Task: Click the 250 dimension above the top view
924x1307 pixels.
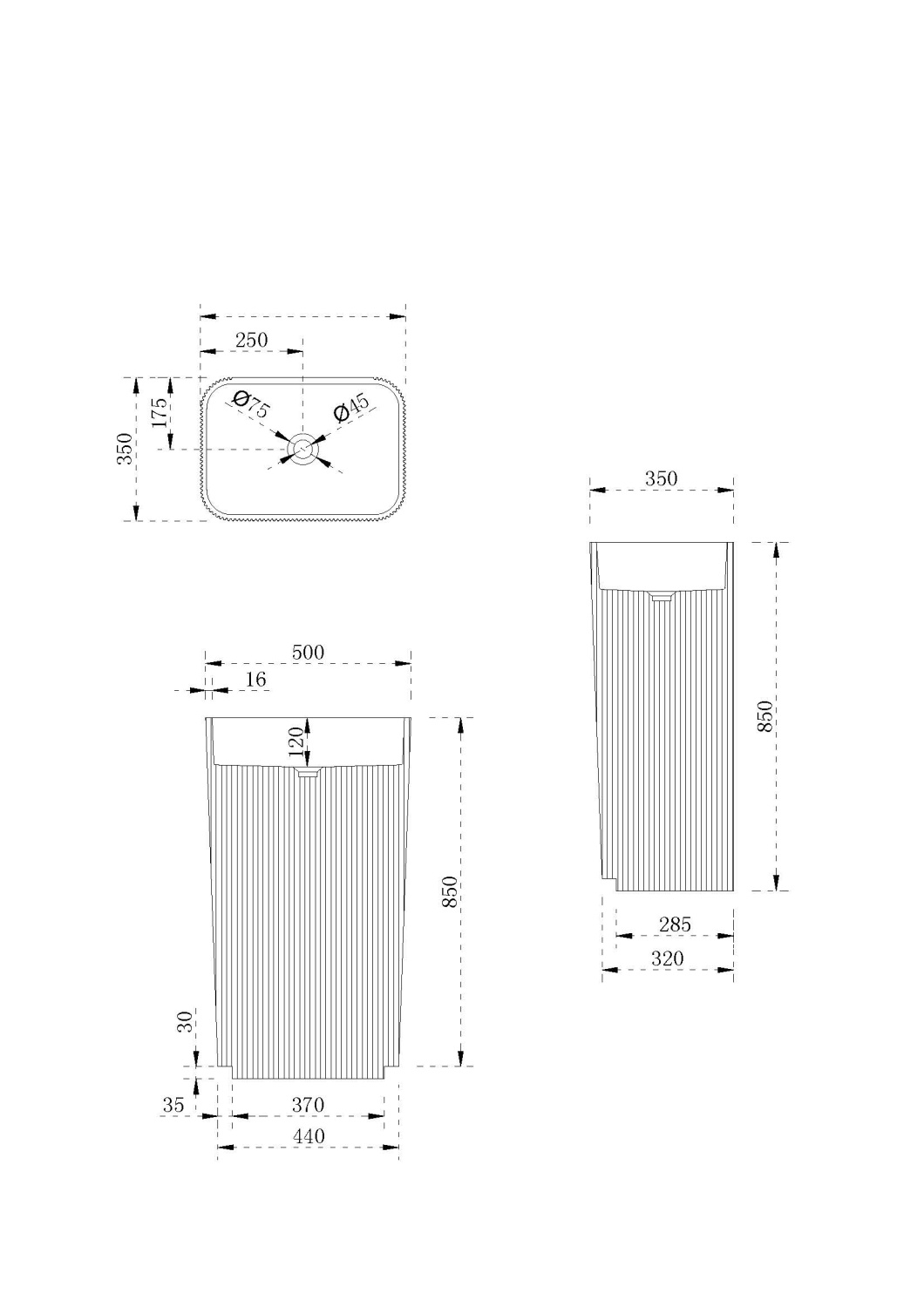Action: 251,340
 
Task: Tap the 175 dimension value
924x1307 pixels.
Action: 159,412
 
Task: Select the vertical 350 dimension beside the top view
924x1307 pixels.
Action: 125,448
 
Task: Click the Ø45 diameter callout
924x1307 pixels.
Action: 351,407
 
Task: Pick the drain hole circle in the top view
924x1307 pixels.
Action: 302,449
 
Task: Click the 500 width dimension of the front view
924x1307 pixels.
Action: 308,652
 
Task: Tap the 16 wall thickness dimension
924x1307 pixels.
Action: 255,680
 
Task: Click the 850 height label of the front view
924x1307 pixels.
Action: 450,891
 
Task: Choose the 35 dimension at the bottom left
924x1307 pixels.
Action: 173,1105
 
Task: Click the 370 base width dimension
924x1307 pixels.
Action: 308,1105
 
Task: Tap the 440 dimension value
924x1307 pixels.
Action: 309,1136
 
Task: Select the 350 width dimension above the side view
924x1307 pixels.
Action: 661,478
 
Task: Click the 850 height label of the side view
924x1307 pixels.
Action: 765,715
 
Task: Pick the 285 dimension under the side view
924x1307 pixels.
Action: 675,924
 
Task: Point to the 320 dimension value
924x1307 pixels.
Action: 668,958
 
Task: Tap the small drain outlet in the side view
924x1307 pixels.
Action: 662,596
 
